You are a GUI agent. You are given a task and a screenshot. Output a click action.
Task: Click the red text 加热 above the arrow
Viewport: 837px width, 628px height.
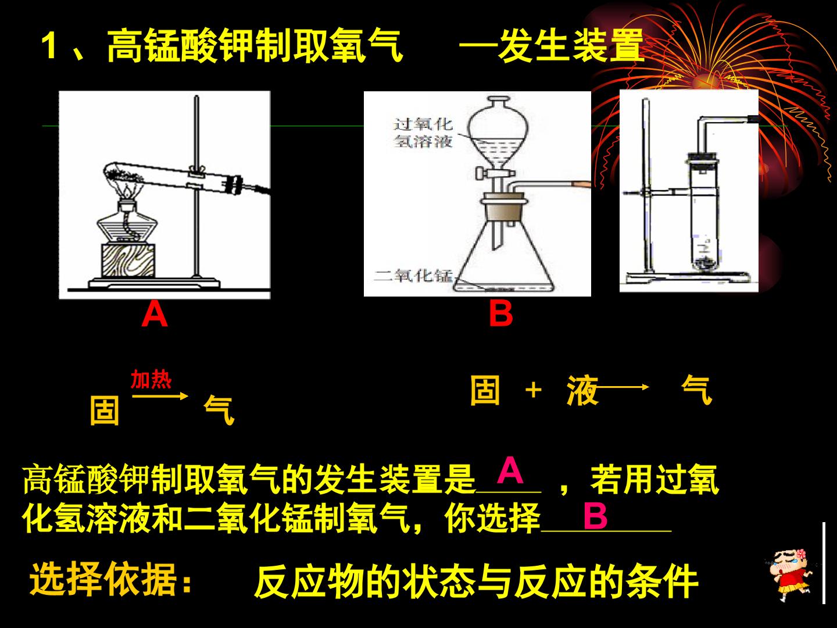pos(151,379)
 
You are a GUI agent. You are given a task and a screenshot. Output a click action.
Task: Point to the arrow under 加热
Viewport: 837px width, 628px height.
pos(160,396)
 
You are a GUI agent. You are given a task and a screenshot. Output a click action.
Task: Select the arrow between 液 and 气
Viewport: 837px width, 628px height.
pos(621,387)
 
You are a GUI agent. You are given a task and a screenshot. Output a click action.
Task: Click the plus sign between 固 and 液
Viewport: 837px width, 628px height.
pos(534,390)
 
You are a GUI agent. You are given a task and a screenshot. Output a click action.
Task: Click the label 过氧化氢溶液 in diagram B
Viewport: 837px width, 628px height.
pos(423,133)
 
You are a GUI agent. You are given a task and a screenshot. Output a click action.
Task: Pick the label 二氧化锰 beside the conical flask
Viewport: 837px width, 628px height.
pos(413,275)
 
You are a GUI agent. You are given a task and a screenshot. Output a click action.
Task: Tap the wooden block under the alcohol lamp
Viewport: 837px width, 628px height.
pos(128,260)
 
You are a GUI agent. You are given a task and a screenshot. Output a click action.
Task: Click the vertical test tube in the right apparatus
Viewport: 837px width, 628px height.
pos(704,213)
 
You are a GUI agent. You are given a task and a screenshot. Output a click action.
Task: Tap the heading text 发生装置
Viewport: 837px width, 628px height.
pos(571,46)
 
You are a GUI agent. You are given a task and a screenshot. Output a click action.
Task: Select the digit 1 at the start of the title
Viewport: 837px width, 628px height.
pos(49,46)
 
